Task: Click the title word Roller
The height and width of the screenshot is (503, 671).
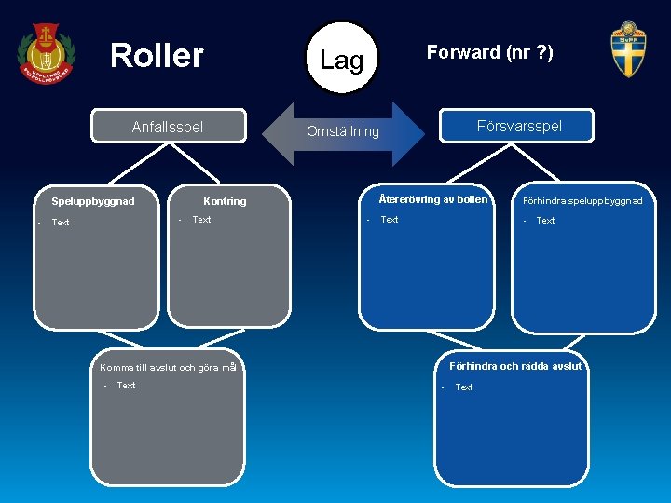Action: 157,56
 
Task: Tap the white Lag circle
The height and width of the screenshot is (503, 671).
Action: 342,60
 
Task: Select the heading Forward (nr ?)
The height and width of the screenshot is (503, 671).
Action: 489,53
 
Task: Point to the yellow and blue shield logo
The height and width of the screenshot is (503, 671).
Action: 628,50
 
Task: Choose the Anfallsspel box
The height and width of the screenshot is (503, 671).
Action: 168,127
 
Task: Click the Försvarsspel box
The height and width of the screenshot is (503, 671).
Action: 518,126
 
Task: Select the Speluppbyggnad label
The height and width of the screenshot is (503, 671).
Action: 93,201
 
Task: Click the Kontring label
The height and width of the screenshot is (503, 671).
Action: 225,201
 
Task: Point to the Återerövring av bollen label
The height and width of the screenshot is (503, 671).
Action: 432,199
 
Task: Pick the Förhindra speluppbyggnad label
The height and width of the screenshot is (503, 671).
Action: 582,201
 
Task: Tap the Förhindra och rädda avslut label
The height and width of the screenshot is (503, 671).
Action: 515,366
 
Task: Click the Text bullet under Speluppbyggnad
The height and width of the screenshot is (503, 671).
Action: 61,223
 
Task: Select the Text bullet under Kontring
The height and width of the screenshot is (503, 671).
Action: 201,220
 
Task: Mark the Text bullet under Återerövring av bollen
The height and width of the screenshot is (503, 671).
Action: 390,220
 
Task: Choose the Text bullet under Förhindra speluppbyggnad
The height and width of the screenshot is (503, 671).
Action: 545,221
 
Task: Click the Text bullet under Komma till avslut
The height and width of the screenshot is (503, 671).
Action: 126,386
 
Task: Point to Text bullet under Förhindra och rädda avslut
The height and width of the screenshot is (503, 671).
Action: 463,387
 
